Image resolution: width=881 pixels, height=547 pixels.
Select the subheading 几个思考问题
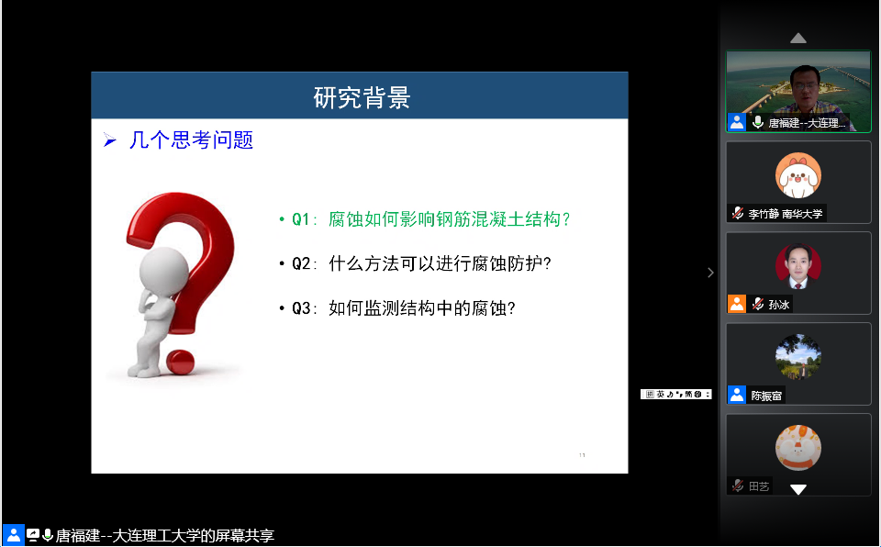click(191, 140)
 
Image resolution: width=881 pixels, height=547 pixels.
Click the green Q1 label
click(302, 219)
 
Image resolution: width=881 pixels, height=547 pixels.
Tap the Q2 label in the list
click(302, 264)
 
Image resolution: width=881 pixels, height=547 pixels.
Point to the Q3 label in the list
click(302, 308)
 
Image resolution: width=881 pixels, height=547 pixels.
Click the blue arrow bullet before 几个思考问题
click(110, 141)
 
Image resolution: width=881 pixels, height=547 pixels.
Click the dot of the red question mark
click(181, 361)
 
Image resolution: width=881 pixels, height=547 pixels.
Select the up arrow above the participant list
click(798, 38)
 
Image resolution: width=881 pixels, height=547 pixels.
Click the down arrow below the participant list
click(798, 489)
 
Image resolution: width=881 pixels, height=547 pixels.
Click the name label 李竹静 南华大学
click(786, 214)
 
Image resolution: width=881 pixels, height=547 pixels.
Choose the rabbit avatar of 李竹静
click(797, 175)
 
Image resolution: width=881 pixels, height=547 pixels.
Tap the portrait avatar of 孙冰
click(797, 266)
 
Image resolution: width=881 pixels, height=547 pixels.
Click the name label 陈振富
click(767, 396)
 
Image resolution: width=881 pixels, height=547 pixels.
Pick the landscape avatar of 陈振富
click(797, 357)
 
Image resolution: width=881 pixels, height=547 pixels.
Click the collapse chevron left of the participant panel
click(710, 273)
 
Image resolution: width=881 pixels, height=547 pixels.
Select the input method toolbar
click(676, 394)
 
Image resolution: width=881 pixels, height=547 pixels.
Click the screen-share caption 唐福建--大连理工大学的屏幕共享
click(164, 536)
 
